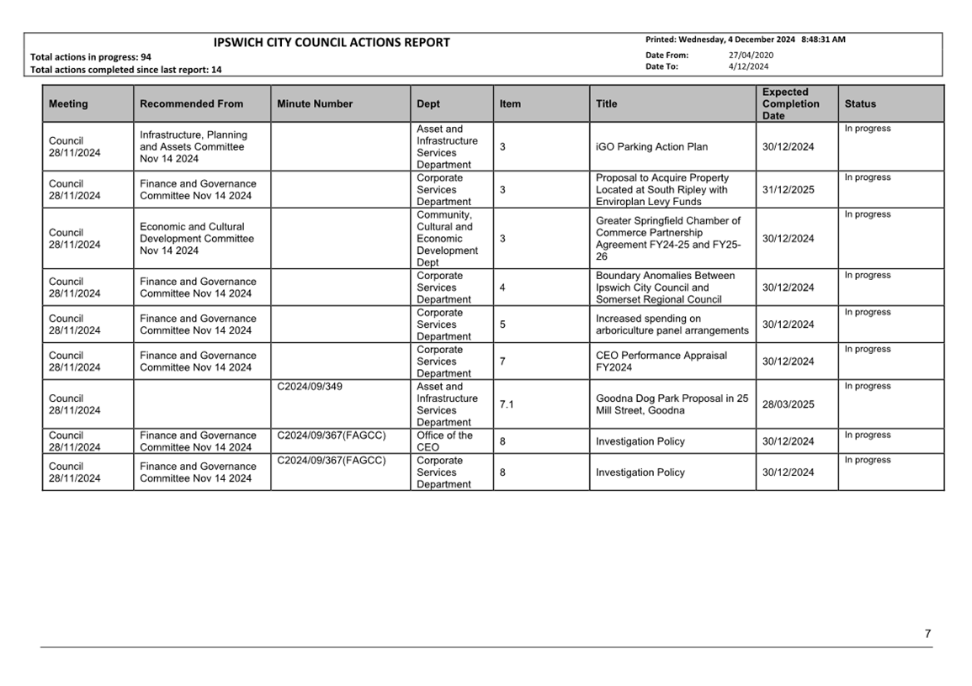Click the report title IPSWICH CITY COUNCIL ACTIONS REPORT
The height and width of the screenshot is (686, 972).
[x=332, y=43]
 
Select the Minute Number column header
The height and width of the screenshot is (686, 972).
[x=315, y=104]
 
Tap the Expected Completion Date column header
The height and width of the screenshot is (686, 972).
[x=790, y=104]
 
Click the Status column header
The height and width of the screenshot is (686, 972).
[x=860, y=104]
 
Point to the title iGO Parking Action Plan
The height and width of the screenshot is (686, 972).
[x=651, y=147]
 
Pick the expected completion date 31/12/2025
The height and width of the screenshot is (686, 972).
[x=788, y=190]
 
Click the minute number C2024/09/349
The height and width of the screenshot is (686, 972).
[x=310, y=387]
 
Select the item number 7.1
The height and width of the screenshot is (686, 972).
[x=507, y=404]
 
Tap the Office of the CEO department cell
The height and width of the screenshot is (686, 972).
[x=444, y=441]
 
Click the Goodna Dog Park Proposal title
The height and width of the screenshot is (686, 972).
[x=672, y=404]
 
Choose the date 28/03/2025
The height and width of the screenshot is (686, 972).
[x=788, y=404]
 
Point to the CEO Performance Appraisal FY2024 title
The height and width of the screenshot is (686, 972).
[x=661, y=361]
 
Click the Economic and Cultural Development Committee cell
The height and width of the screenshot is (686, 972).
[x=196, y=239]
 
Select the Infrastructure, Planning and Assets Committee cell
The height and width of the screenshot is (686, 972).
[x=194, y=147]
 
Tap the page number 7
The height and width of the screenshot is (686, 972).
[x=927, y=634]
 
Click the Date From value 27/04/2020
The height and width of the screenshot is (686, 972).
[x=751, y=55]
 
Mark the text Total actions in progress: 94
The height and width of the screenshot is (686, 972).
[x=91, y=57]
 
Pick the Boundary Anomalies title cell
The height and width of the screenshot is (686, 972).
[x=665, y=288]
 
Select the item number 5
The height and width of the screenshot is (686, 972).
[x=502, y=325]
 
